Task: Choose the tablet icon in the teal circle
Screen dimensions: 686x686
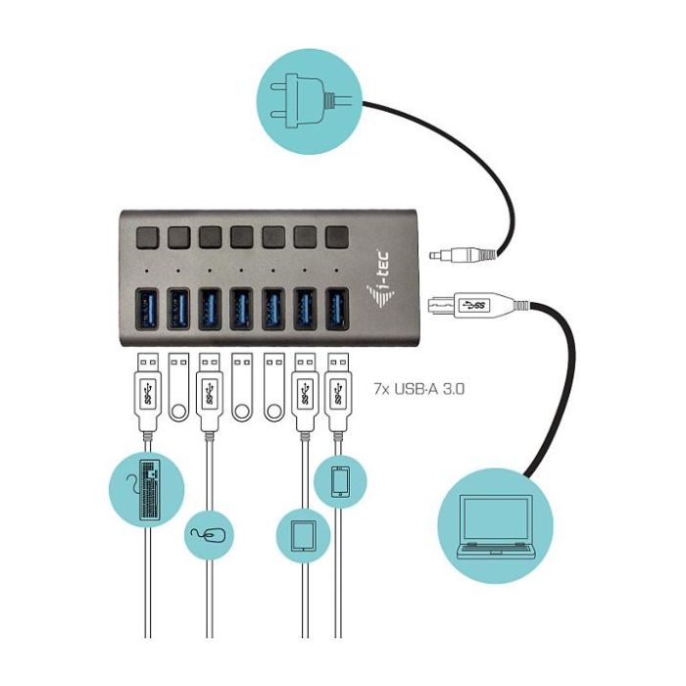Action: pos(303,535)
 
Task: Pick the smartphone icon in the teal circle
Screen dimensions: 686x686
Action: pos(340,481)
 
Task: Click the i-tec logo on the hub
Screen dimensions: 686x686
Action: pos(386,292)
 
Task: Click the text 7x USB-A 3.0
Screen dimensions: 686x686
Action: pos(419,388)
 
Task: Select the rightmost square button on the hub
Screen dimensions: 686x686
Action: pos(336,236)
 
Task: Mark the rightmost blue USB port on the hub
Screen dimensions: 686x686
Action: pos(337,306)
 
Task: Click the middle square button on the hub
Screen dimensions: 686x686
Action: pos(241,236)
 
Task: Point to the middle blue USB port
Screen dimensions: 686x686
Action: pos(241,306)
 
